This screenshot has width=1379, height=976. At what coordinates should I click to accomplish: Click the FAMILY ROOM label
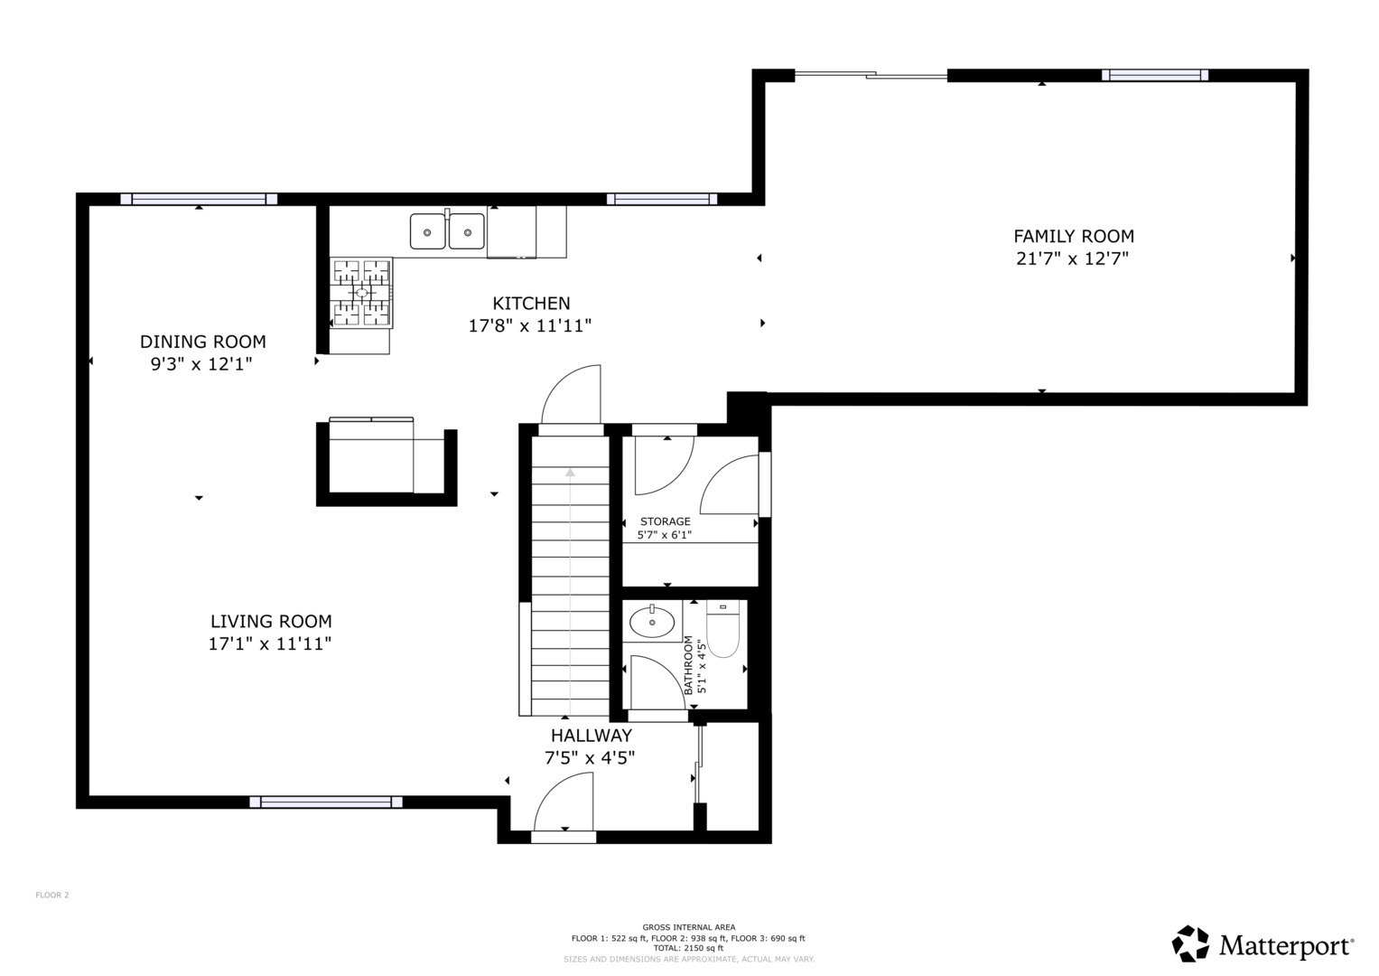point(1074,236)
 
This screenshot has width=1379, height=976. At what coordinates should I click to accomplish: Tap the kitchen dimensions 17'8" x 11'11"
point(530,325)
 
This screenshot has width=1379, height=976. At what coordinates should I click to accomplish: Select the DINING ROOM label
point(202,342)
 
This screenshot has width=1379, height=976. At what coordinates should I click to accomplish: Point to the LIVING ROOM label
point(271,621)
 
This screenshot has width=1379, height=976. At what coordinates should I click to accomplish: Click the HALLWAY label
point(591,735)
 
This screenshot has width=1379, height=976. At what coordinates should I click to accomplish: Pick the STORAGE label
point(665,521)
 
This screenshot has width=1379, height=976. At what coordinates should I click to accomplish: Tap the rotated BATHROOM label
point(688,665)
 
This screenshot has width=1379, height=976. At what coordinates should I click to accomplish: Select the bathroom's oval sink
point(652,622)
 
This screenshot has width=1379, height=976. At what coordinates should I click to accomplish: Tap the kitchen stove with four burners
point(361,292)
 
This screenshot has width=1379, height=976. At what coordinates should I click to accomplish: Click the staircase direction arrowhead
point(570,472)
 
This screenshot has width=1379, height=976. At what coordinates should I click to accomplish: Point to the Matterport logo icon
point(1190,943)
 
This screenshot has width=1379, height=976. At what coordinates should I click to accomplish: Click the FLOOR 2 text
point(52,895)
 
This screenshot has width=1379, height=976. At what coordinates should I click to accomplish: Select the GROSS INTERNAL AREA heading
point(689,926)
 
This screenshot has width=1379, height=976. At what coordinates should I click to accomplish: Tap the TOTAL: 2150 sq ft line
point(689,948)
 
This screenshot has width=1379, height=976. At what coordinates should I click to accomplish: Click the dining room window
point(199,199)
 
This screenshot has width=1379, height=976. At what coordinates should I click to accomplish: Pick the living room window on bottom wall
point(326,802)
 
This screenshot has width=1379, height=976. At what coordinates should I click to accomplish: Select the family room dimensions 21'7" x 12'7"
point(1073,258)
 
